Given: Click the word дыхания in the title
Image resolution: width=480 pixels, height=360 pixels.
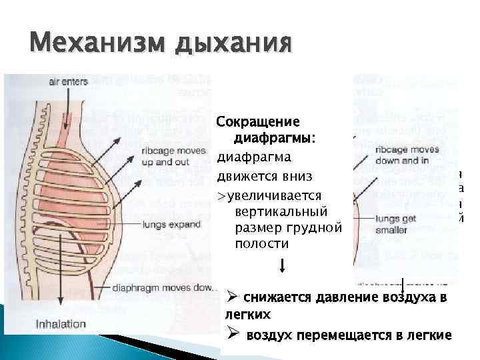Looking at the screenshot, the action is click(x=233, y=45).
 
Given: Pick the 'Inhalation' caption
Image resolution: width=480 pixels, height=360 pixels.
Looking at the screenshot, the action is click(x=61, y=325).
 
